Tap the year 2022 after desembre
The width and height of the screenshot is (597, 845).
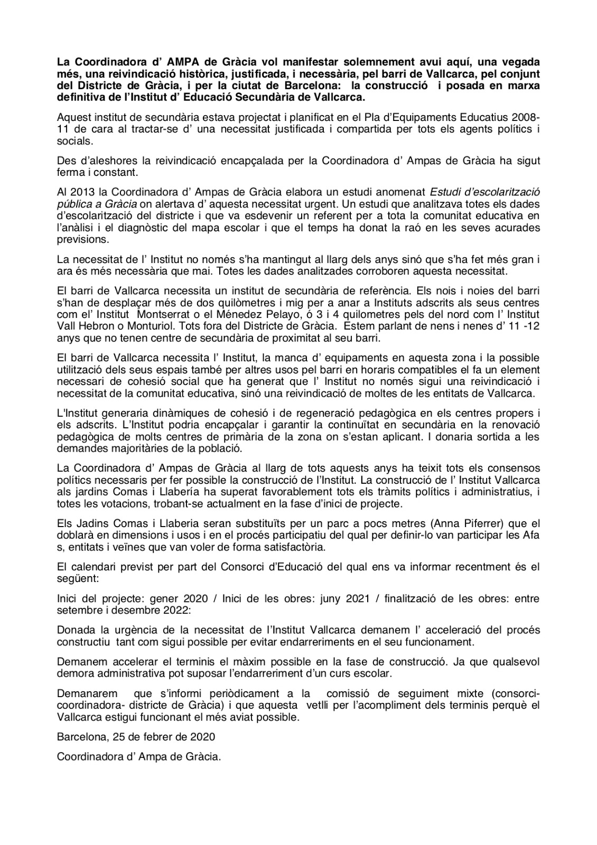coord(172,609)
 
